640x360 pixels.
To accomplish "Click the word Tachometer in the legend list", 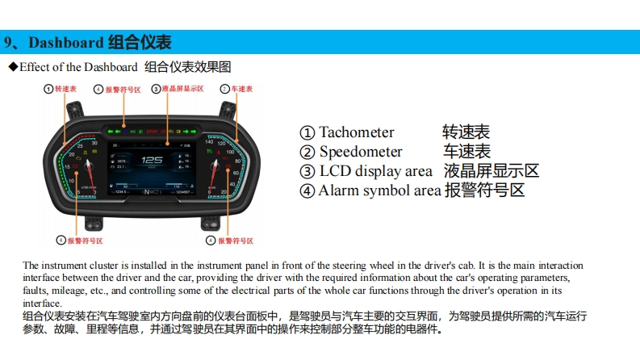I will click(x=356, y=132).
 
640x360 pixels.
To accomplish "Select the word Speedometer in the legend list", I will click(x=360, y=152).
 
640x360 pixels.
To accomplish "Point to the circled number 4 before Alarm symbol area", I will click(x=307, y=191).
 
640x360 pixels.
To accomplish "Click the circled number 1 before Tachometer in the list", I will click(x=307, y=132).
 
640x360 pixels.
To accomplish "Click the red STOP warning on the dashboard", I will click(x=152, y=129).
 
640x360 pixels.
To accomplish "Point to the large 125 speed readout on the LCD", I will click(x=153, y=161).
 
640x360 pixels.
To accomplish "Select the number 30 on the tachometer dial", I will click(x=94, y=142).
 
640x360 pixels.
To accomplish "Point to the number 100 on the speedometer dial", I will click(x=231, y=151).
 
